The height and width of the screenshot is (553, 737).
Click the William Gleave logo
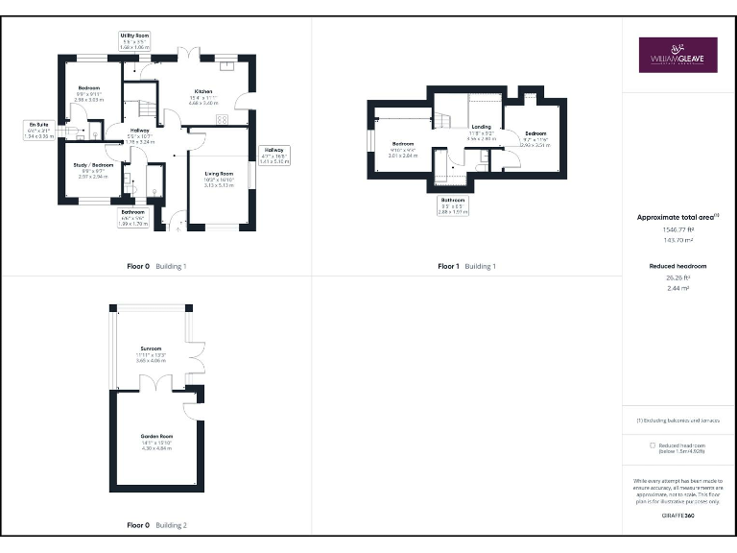(678, 55)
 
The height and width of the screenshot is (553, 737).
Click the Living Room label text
(219, 176)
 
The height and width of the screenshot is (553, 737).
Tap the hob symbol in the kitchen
(222, 120)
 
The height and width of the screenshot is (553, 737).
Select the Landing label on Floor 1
(481, 127)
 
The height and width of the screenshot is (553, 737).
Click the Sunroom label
(151, 348)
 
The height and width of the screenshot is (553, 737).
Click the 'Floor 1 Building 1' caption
(466, 266)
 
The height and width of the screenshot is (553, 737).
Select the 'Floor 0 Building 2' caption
(156, 525)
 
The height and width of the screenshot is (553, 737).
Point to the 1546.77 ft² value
(678, 229)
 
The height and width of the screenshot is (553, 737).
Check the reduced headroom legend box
(653, 445)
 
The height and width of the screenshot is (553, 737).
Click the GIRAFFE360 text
(678, 516)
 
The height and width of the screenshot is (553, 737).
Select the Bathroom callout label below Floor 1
(453, 203)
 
